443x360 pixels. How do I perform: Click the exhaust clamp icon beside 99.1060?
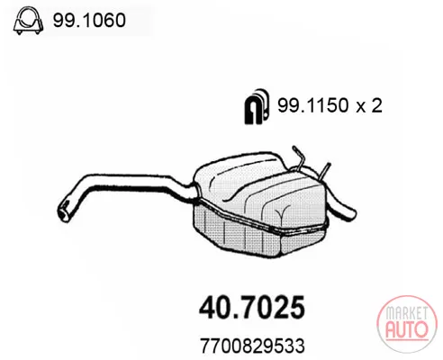tap(28, 21)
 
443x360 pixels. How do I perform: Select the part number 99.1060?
tap(89, 21)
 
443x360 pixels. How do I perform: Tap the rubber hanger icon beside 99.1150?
tap(256, 106)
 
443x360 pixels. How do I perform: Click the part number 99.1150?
tap(313, 105)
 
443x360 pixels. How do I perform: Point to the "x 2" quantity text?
tap(369, 105)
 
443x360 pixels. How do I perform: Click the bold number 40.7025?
tap(252, 307)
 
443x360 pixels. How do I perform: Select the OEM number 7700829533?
tap(252, 346)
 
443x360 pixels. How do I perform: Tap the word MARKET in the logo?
tap(407, 313)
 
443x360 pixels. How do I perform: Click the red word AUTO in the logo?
tap(407, 329)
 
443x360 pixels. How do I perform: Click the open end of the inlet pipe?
tap(63, 211)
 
